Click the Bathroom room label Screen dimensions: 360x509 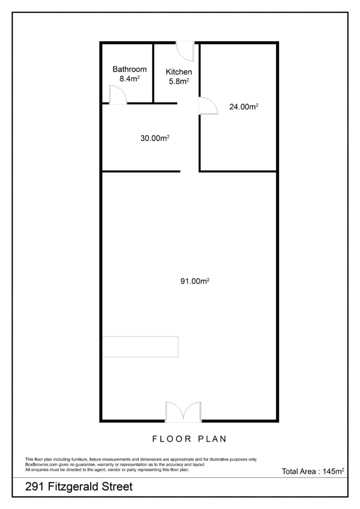(129, 69)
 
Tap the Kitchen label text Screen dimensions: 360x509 (179, 72)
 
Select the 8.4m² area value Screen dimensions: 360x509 (129, 78)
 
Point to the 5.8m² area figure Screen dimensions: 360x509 (179, 81)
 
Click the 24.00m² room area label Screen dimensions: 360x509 (244, 106)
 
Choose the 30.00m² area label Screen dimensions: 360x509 (155, 138)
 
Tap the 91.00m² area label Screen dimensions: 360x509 (195, 281)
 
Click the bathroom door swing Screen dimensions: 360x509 (118, 95)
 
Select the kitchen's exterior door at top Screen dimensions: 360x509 (185, 51)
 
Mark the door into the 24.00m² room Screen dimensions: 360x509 (208, 105)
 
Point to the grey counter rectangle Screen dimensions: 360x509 (140, 347)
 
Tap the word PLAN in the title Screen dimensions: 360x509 (212, 439)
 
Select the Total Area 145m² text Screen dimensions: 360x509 (313, 471)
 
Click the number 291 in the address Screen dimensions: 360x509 (34, 487)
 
